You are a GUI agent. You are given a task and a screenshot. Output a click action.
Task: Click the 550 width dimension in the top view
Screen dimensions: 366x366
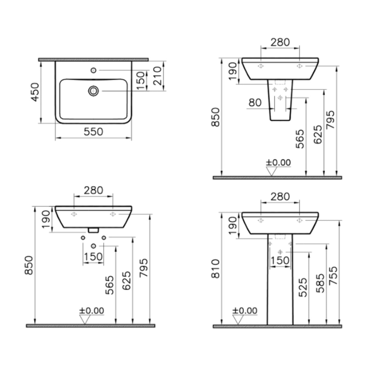pos(93,131)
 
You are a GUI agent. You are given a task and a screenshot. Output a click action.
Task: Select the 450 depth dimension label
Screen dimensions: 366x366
pos(35,92)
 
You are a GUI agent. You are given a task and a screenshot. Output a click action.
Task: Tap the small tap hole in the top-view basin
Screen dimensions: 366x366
pos(94,70)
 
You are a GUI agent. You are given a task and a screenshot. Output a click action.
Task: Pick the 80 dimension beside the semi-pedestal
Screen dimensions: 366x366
pos(255,102)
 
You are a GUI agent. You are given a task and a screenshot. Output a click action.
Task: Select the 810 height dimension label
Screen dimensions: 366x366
pos(216,268)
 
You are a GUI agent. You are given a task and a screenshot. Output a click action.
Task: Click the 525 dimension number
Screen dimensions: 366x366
pos(303,287)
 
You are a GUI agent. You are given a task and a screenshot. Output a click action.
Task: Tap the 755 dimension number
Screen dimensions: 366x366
pos(333,275)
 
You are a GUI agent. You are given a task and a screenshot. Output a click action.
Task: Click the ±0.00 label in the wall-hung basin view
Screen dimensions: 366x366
pos(91,311)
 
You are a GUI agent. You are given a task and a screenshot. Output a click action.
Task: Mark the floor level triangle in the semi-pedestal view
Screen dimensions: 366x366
pos(271,171)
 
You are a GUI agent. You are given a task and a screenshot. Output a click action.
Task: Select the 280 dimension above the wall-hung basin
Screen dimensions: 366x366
pos(93,190)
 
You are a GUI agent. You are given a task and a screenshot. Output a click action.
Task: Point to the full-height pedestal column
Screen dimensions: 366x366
pos(280,290)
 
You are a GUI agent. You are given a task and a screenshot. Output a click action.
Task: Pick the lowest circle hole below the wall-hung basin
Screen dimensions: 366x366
pos(94,246)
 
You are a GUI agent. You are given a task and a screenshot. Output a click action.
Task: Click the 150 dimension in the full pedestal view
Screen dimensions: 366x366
pos(280,260)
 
